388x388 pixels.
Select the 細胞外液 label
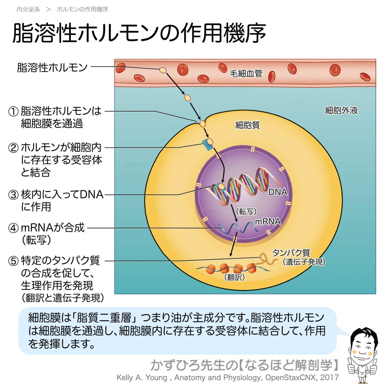341,110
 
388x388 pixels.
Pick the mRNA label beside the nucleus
268,221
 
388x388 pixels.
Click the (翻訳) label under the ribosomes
234,277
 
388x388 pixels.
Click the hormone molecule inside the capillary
163,70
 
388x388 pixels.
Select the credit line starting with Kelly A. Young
227,378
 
